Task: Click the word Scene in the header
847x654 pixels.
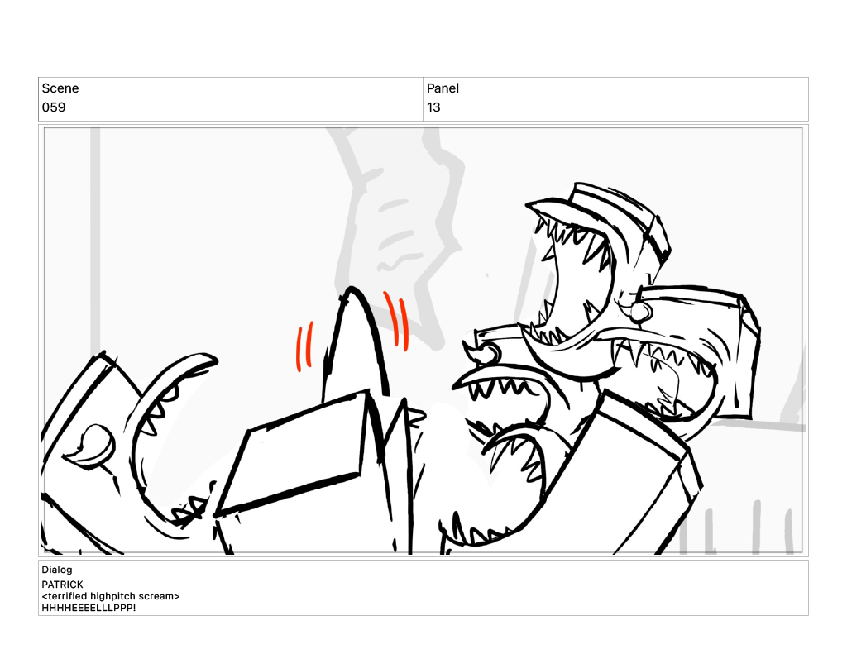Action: [x=60, y=88]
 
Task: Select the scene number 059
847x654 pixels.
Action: [x=54, y=107]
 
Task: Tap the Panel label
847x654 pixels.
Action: [x=443, y=88]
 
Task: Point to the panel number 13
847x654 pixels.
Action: [x=433, y=107]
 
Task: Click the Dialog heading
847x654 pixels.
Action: [x=57, y=569]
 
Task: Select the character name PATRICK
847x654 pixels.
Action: [x=62, y=585]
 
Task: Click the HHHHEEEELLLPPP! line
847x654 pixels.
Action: [x=89, y=608]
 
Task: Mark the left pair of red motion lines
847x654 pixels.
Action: [x=304, y=346]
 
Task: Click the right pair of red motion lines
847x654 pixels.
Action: [x=397, y=321]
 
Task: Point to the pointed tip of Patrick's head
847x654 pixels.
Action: [x=352, y=288]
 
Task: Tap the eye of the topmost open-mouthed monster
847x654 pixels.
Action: [x=640, y=312]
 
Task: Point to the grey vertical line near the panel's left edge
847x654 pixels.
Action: [x=95, y=237]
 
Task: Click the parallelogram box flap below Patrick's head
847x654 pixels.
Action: [x=292, y=455]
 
